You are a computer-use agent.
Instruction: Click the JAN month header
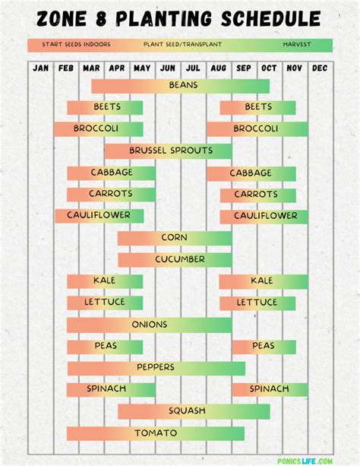coord(41,68)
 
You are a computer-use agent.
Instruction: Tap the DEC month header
coord(320,68)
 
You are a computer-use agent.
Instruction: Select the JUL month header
coord(193,68)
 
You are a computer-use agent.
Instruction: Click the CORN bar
coord(174,238)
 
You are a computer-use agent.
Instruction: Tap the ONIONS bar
coord(149,325)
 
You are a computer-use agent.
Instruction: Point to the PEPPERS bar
coord(156,368)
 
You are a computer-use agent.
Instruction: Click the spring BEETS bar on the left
coord(105,107)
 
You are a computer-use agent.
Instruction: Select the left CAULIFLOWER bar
coord(99,216)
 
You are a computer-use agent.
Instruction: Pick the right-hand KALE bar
coord(263,281)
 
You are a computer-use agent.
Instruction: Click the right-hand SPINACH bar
coord(270,389)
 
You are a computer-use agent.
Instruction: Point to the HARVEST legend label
coord(296,44)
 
